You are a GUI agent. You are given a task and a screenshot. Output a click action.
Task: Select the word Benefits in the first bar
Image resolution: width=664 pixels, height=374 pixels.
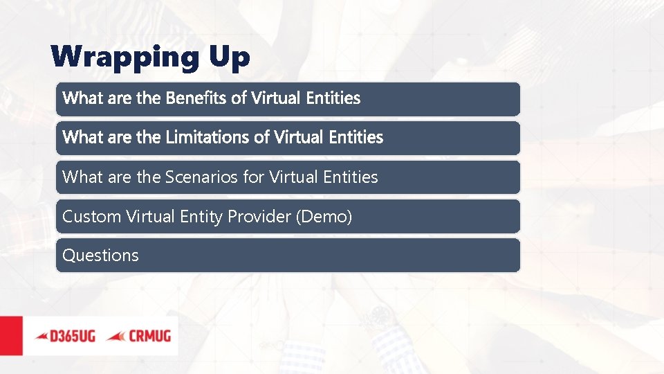[x=196, y=98]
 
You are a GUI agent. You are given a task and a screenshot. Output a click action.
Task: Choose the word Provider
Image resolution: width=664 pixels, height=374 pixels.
[x=259, y=217]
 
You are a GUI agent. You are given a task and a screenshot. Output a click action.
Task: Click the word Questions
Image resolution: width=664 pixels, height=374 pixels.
[x=100, y=256]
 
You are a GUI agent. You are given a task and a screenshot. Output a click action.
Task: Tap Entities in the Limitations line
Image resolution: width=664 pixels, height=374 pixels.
[x=356, y=137]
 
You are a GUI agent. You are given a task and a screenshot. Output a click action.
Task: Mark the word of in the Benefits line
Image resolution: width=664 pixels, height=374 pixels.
[x=239, y=98]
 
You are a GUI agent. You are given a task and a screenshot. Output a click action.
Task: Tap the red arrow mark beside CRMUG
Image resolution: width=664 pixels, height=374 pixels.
[x=116, y=336]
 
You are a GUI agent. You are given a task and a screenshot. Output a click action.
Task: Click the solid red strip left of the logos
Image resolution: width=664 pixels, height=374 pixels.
[x=10, y=336]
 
